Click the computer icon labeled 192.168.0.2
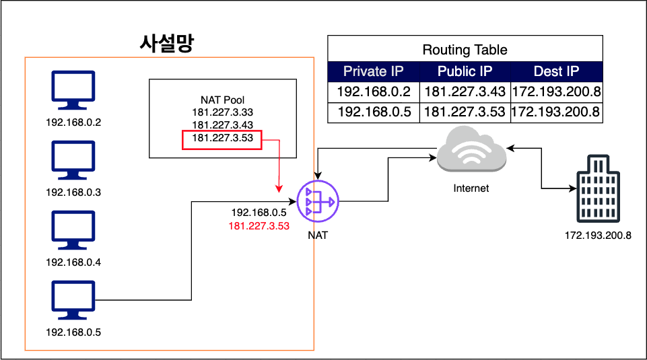coord(74,90)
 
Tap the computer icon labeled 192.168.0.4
coord(74,230)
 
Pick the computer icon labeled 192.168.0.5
coord(74,300)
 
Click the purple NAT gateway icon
coord(318,201)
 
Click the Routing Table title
coord(465,50)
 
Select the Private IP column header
coord(374,71)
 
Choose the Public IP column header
coord(465,71)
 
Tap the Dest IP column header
coord(556,71)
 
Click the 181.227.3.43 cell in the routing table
coord(465,92)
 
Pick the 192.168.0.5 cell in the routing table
coord(374,112)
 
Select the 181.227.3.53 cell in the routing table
coord(465,112)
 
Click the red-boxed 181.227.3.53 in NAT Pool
coord(222,139)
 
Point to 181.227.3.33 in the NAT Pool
coord(222,112)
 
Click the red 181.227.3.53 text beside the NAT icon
coord(259,226)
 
